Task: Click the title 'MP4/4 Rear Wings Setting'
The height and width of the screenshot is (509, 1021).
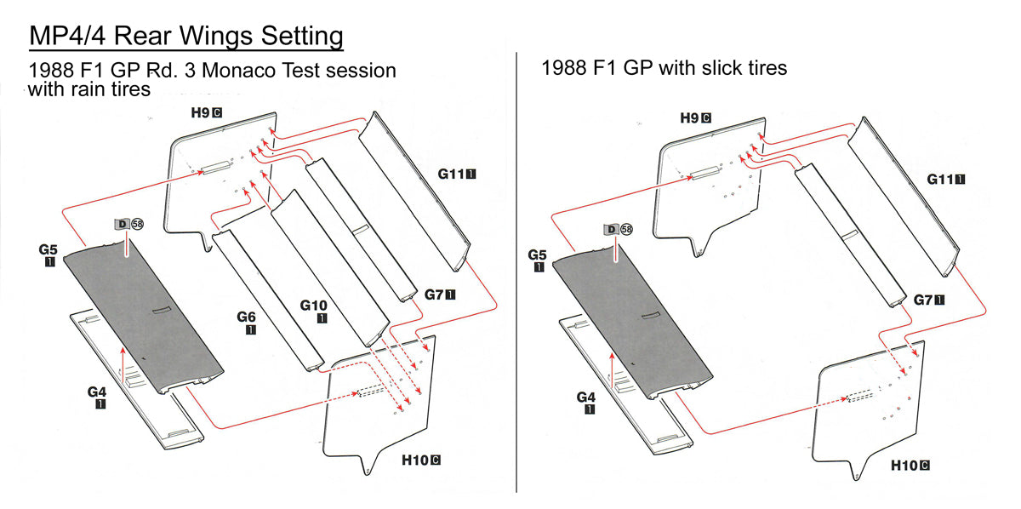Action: pyautogui.click(x=186, y=37)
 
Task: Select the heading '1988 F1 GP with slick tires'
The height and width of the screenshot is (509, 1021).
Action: pyautogui.click(x=664, y=67)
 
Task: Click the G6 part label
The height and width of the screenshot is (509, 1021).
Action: pyautogui.click(x=247, y=318)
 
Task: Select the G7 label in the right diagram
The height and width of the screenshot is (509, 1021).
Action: pyautogui.click(x=927, y=300)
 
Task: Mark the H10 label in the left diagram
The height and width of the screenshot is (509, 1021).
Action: pyautogui.click(x=420, y=460)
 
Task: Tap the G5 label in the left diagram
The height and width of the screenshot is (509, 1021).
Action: pyautogui.click(x=48, y=251)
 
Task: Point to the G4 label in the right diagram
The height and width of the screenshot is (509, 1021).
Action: pyautogui.click(x=586, y=397)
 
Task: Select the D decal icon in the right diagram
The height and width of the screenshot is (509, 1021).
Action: pyautogui.click(x=610, y=229)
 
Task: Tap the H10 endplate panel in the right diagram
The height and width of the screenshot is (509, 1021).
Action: pyautogui.click(x=868, y=409)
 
